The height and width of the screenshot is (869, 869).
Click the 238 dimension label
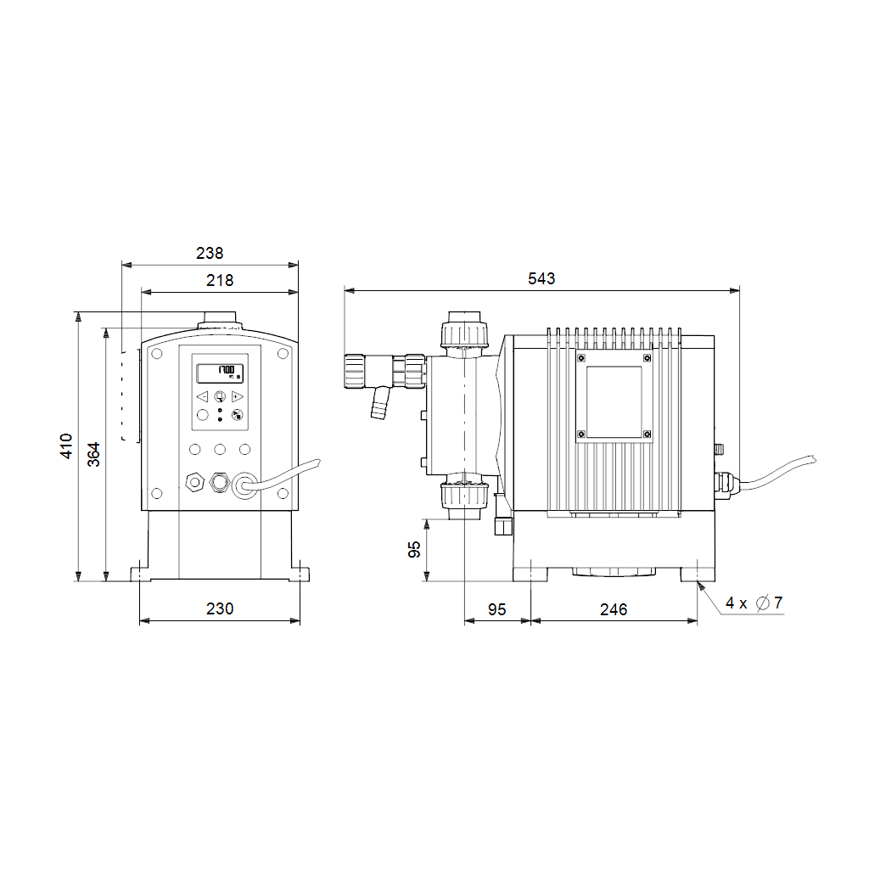tap(210, 253)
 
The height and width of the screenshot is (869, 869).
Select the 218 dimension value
tap(220, 280)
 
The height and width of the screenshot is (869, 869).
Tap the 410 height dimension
tap(66, 446)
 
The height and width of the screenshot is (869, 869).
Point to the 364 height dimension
tap(93, 455)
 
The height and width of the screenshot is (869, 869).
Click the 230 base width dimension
tap(220, 608)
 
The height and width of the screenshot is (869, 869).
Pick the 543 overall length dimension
tap(541, 278)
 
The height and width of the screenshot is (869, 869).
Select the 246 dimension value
tap(614, 609)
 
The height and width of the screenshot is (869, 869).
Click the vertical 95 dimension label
tap(414, 550)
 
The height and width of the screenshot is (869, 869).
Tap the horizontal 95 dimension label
tap(497, 609)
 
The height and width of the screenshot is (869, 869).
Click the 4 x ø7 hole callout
tap(754, 603)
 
